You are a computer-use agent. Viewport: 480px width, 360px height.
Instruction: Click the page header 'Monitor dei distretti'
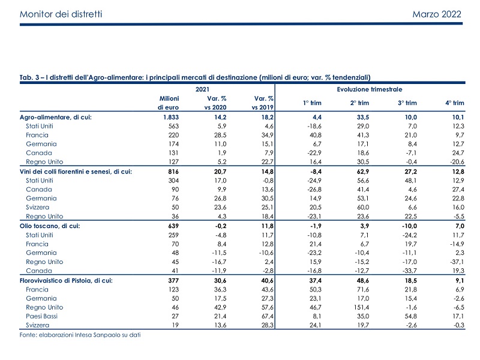pos(61,14)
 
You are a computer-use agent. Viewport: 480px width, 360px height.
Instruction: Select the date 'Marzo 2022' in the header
pos(437,14)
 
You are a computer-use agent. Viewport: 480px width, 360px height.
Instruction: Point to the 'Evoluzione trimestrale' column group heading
pos(370,89)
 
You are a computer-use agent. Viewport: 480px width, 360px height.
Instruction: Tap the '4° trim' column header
pos(455,103)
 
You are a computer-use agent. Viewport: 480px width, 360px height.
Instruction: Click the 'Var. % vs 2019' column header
pos(262,103)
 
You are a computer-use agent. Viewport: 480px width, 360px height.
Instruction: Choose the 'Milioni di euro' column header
pos(169,103)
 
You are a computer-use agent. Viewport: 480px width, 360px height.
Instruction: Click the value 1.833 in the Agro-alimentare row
pos(171,117)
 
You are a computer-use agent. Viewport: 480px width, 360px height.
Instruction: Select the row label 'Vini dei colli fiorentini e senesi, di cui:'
pos(76,172)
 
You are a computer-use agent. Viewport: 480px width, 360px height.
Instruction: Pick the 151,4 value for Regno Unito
pos(361,307)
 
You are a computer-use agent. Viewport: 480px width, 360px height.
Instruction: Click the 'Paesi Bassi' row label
pos(41,316)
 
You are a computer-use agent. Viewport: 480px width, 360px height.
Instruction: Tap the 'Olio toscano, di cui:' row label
pos(50,226)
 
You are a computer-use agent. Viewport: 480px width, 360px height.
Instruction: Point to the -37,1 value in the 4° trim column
pos(458,262)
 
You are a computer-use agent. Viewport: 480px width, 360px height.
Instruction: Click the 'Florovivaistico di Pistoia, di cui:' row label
pos(66,281)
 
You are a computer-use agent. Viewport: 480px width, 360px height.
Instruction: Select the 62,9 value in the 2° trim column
pos(363,172)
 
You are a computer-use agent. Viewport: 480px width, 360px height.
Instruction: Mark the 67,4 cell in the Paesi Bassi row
pos(268,316)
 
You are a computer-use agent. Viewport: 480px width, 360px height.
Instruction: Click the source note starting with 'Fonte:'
pos(80,335)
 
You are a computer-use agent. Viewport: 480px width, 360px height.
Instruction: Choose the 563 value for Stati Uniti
pos(173,126)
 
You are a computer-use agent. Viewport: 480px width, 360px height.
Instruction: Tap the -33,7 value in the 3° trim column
pos(410,271)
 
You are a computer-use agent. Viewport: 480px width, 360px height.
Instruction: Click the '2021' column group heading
pos(202,89)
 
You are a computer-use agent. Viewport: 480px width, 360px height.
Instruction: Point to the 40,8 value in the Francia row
pos(316,135)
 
